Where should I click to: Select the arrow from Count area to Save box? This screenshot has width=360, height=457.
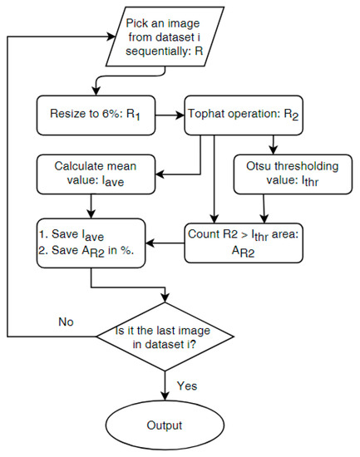pyautogui.click(x=165, y=243)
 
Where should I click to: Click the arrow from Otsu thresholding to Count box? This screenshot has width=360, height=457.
pyautogui.click(x=264, y=205)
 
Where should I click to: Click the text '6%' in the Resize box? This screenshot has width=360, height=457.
pyautogui.click(x=106, y=116)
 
